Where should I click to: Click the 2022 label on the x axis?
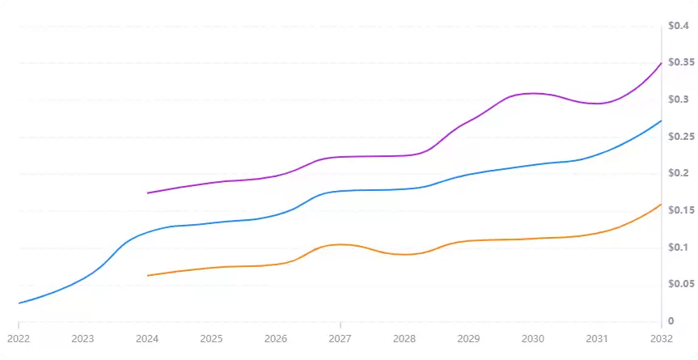(x=18, y=338)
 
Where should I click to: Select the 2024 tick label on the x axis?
(x=146, y=338)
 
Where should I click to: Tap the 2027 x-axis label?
(x=340, y=338)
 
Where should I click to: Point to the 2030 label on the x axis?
(x=532, y=338)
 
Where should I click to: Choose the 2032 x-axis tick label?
(x=661, y=338)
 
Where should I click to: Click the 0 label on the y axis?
(x=671, y=321)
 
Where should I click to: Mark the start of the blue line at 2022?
(x=19, y=303)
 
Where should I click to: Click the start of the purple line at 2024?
(x=147, y=193)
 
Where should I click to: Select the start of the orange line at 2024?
(x=147, y=276)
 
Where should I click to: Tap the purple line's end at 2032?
(x=661, y=63)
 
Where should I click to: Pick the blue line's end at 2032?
(x=661, y=121)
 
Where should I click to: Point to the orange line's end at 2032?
(x=661, y=205)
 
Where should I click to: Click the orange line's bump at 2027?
(x=341, y=244)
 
